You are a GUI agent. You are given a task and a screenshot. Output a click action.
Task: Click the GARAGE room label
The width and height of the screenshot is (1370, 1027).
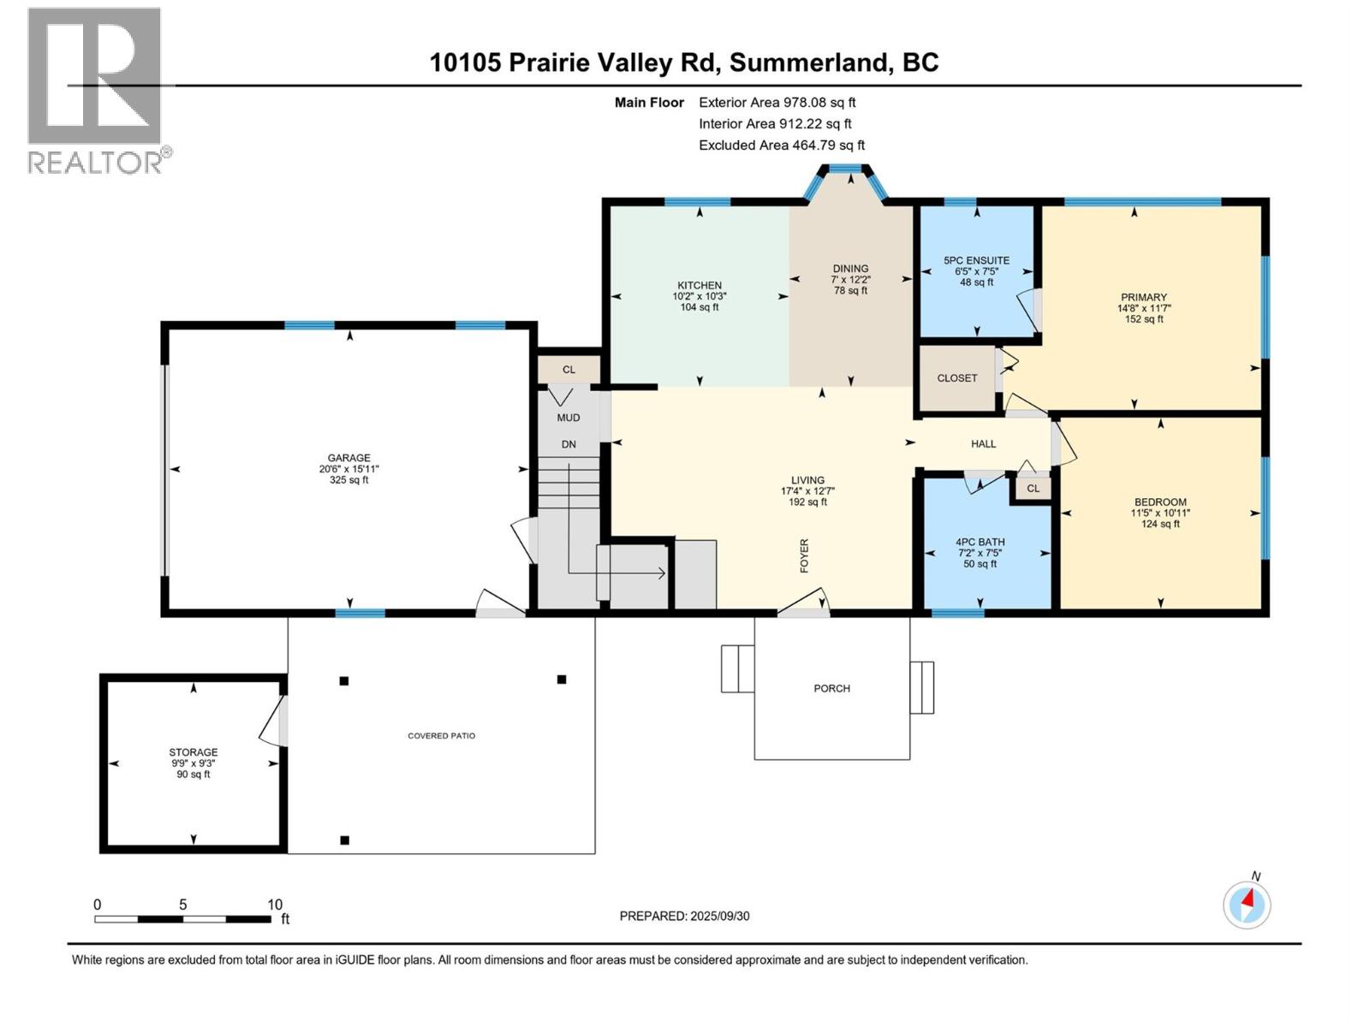tap(348, 458)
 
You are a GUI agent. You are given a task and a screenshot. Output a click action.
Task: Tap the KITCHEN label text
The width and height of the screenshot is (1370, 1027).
tap(700, 286)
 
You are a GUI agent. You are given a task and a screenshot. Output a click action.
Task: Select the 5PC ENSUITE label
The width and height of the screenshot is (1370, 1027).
tap(976, 261)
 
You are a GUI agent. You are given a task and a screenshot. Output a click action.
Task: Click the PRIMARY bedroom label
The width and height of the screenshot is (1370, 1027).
tap(1143, 298)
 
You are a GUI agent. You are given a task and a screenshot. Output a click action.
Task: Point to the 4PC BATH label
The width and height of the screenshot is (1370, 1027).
tap(980, 542)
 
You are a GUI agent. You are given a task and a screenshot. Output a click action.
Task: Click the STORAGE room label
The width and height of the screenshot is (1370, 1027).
tap(194, 752)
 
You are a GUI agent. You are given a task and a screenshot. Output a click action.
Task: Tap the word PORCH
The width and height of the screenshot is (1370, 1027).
tap(831, 688)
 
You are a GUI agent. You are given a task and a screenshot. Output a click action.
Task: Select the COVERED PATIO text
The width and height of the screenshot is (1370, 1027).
tap(441, 736)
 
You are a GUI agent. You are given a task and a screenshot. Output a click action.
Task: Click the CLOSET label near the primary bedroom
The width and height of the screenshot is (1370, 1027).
tap(956, 378)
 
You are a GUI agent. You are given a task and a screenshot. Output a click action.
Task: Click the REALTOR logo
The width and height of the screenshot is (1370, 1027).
tap(94, 90)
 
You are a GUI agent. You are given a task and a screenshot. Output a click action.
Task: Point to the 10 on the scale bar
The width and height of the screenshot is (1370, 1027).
tap(274, 905)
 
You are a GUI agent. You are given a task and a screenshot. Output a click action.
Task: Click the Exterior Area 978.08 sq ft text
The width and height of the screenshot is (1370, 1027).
tap(777, 103)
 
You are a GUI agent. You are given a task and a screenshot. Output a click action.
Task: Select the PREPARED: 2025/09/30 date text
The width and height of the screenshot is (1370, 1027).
tap(684, 916)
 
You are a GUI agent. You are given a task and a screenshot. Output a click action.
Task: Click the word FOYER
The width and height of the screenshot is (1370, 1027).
tap(804, 555)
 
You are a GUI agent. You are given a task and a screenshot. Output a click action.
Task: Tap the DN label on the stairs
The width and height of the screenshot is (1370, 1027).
tap(569, 444)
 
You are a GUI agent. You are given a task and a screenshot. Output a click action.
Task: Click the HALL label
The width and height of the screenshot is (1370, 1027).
tap(983, 444)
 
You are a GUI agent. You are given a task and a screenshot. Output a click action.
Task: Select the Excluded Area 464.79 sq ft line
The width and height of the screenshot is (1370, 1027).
tap(781, 145)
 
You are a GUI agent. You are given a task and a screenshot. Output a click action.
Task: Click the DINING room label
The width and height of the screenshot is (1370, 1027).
tap(850, 269)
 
